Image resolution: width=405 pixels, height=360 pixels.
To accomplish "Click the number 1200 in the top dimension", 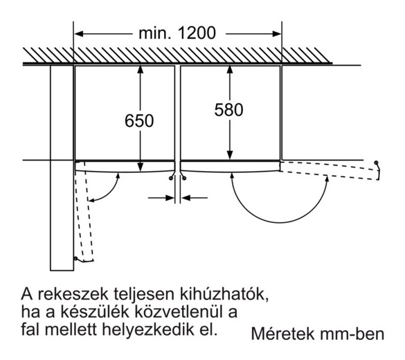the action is point(197,33).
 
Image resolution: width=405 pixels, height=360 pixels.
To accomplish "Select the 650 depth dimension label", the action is point(139,120).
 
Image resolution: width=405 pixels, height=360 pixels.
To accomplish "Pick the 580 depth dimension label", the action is point(229,110).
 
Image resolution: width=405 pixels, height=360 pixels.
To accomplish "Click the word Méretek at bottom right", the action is point(283,334).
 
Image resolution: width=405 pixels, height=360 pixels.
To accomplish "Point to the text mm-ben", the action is point(352,334).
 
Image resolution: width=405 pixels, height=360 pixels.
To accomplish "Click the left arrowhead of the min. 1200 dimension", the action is point(79,33).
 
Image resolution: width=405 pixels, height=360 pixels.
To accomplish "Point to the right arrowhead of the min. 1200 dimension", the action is point(277,33).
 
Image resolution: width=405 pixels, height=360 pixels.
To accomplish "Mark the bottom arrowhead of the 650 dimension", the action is point(141,167).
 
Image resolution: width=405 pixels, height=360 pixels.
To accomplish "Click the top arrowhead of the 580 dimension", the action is point(230,71).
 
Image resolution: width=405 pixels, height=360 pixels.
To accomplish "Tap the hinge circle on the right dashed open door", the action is point(376,163).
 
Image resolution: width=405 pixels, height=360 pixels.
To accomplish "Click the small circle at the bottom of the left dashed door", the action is point(75,258).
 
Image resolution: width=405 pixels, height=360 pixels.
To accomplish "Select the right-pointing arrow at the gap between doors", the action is point(161,198).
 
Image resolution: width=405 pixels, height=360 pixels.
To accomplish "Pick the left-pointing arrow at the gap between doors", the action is point(195,198).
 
